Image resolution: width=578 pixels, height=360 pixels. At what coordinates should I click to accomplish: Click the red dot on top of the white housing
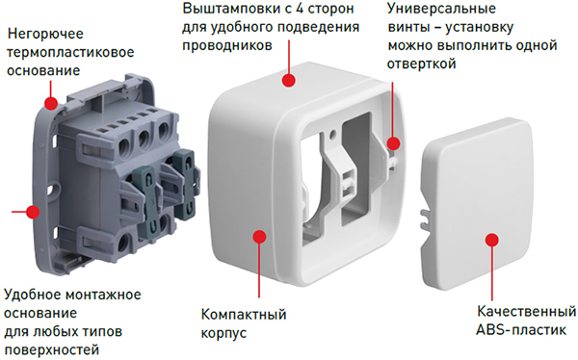(287, 81)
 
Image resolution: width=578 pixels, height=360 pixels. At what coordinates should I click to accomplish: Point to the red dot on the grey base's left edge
(34, 209)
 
